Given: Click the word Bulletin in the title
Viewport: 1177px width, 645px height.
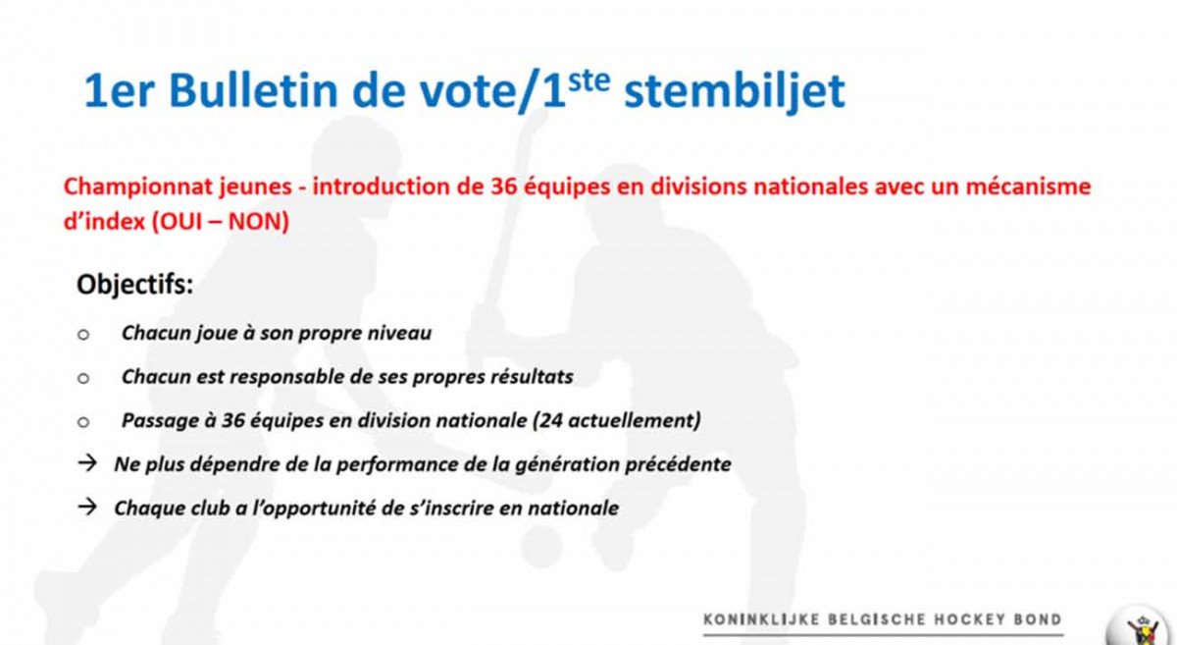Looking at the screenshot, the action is click(x=253, y=90).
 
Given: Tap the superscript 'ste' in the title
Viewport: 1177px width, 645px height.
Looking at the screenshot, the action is click(x=588, y=81).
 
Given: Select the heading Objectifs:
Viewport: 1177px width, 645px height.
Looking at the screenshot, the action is click(x=135, y=285).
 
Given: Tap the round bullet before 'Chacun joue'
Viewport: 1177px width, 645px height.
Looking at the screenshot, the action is click(x=83, y=335).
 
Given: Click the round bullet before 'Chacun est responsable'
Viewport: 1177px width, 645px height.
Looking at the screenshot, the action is click(x=83, y=378).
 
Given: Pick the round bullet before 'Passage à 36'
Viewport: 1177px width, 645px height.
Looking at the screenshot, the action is click(x=83, y=422).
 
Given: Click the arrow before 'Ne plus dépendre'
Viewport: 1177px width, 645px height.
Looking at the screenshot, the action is click(x=87, y=463).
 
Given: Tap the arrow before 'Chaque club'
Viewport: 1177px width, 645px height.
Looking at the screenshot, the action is click(x=87, y=507).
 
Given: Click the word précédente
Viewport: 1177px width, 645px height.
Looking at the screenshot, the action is click(x=678, y=464).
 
